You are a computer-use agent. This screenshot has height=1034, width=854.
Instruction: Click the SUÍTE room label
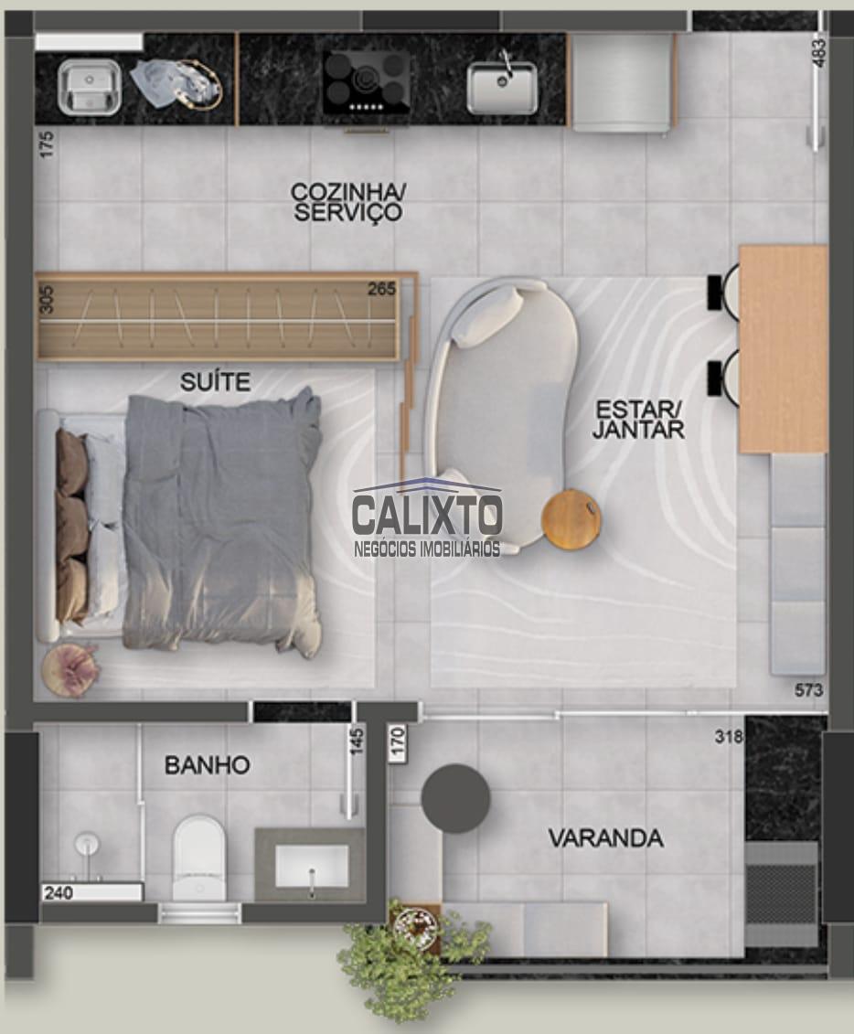pyautogui.click(x=216, y=382)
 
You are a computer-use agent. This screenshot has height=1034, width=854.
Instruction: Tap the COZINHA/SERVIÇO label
pyautogui.click(x=348, y=202)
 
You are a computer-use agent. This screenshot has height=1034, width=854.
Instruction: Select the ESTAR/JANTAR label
pyautogui.click(x=637, y=419)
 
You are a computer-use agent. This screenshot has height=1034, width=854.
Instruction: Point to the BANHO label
pyautogui.click(x=207, y=765)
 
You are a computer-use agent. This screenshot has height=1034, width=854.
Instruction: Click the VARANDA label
pyautogui.click(x=606, y=838)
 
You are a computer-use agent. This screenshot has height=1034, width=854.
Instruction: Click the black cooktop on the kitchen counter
pyautogui.click(x=366, y=82)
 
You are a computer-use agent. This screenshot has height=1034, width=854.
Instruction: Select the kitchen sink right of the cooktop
pyautogui.click(x=503, y=87)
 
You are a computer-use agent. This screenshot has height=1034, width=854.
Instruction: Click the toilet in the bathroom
pyautogui.click(x=198, y=857)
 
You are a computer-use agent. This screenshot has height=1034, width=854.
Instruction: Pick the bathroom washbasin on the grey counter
pyautogui.click(x=311, y=866)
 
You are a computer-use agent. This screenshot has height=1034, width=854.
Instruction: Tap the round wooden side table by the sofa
pyautogui.click(x=571, y=519)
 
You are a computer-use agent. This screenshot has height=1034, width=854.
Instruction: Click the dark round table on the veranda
pyautogui.click(x=455, y=798)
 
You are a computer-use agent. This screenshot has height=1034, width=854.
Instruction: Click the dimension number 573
pyautogui.click(x=809, y=689)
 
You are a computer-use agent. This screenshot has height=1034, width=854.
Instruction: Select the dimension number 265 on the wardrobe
pyautogui.click(x=382, y=289)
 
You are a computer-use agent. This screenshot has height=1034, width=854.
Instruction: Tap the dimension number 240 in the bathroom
pyautogui.click(x=59, y=893)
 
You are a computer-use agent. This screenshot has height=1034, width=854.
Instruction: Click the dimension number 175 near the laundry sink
pyautogui.click(x=46, y=144)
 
